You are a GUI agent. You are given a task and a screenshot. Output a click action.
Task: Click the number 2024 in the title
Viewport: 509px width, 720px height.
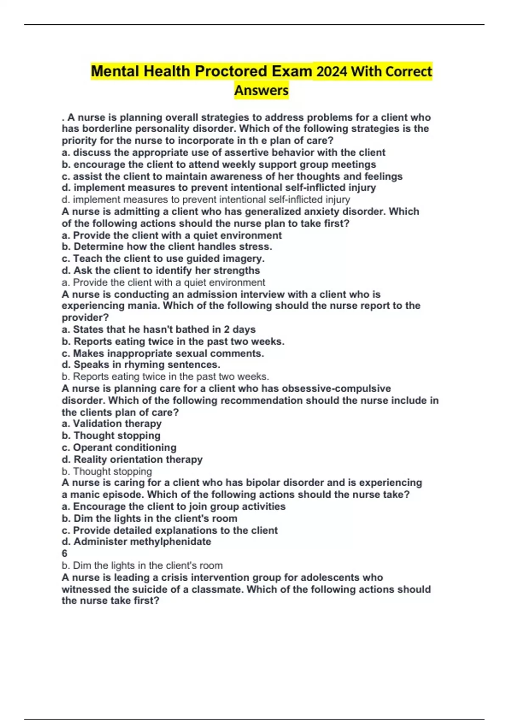coord(332,71)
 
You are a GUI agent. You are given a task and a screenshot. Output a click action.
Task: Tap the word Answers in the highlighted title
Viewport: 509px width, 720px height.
coord(261,90)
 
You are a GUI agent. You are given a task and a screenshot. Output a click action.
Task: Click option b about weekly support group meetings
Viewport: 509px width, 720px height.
coord(219,164)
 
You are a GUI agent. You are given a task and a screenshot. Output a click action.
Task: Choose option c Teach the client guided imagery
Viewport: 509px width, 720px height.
coord(163,258)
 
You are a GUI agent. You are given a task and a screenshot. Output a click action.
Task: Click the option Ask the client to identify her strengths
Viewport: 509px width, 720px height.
coord(161,270)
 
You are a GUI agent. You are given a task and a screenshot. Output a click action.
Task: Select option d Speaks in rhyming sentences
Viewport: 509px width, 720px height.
coord(141,365)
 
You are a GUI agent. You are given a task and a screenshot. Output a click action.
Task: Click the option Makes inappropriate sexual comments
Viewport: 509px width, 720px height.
coord(163,353)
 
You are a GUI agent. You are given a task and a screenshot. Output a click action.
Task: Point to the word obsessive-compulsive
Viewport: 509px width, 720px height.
coord(336,389)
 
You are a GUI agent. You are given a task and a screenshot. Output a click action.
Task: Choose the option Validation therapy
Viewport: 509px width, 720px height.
coord(112,424)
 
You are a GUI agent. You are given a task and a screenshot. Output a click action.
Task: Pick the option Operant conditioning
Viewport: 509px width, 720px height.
coord(119,448)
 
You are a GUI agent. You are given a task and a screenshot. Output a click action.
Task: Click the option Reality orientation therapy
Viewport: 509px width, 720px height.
coord(132,460)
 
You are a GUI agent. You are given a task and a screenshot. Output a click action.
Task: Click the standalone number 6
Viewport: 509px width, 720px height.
coord(64,554)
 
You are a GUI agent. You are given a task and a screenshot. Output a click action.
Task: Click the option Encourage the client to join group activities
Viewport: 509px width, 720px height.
coord(173,507)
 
